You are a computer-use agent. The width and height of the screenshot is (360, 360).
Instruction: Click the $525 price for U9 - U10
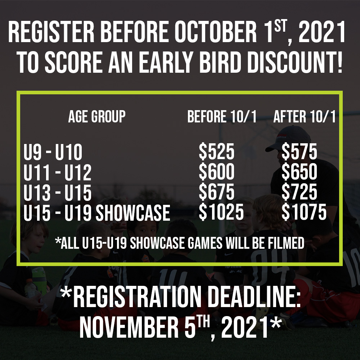click(x=216, y=152)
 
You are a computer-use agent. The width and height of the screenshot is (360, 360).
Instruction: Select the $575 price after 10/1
click(x=299, y=152)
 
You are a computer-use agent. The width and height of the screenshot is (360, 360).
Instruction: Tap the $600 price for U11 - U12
click(x=216, y=172)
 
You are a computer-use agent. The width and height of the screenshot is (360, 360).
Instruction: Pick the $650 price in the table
click(x=299, y=172)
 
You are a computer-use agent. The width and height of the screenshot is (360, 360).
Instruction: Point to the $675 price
click(x=216, y=192)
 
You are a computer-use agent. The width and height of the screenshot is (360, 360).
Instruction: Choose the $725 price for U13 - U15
click(x=299, y=192)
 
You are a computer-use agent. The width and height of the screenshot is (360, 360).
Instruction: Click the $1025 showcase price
click(x=221, y=212)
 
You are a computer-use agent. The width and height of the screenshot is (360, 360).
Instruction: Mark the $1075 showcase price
click(x=304, y=212)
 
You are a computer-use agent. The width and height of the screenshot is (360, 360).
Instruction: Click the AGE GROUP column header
click(x=97, y=116)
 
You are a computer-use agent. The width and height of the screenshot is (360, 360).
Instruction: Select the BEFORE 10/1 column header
click(x=222, y=116)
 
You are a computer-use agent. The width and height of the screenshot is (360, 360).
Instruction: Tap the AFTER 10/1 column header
click(x=305, y=116)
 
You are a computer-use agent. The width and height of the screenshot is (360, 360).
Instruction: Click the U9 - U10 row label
click(x=53, y=152)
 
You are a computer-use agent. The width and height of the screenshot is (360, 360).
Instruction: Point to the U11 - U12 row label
click(x=57, y=172)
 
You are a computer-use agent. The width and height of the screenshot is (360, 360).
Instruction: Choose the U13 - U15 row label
click(x=57, y=192)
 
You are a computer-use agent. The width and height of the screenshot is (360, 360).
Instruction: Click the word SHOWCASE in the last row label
click(x=133, y=213)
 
